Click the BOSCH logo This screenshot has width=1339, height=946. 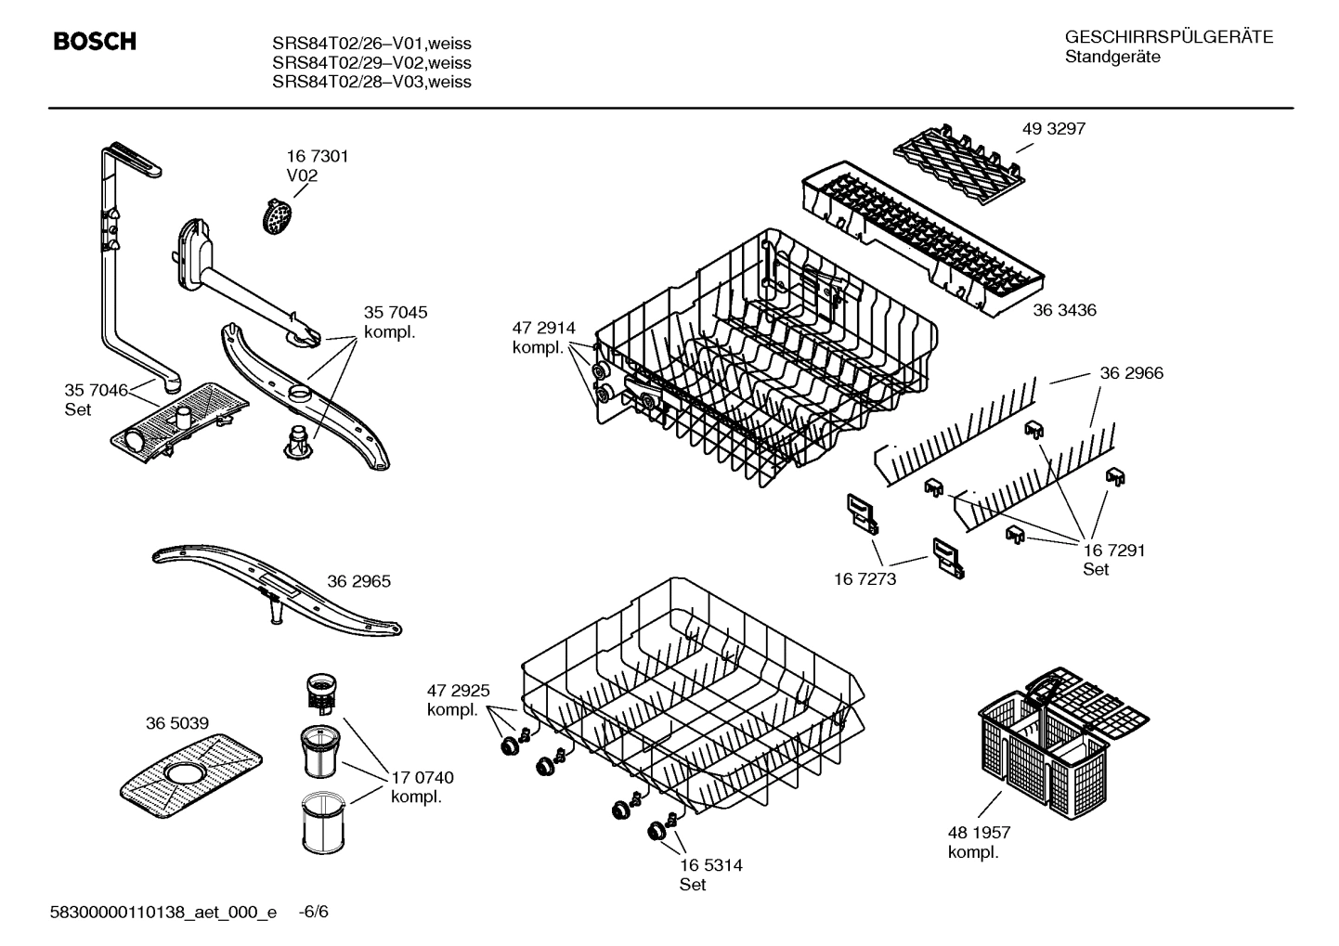tap(95, 42)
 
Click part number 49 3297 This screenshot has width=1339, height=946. tap(1053, 129)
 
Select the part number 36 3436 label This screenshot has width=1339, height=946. tap(1064, 310)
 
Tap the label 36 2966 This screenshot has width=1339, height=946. tap(1131, 373)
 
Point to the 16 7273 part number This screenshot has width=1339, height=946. tap(865, 579)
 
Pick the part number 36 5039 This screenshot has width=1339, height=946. tap(176, 723)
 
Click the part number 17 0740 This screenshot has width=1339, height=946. tap(422, 778)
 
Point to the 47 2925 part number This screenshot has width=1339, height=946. tap(458, 691)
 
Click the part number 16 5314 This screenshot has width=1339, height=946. tap(710, 865)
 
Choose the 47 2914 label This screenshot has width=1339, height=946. tap(543, 328)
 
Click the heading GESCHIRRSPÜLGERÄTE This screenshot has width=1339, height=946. tap(1168, 37)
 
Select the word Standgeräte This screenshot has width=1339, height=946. tap(1111, 58)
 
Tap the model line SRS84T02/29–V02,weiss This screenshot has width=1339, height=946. tap(371, 63)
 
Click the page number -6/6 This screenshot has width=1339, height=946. tap(313, 912)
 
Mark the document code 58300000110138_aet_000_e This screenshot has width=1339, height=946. tap(162, 912)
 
